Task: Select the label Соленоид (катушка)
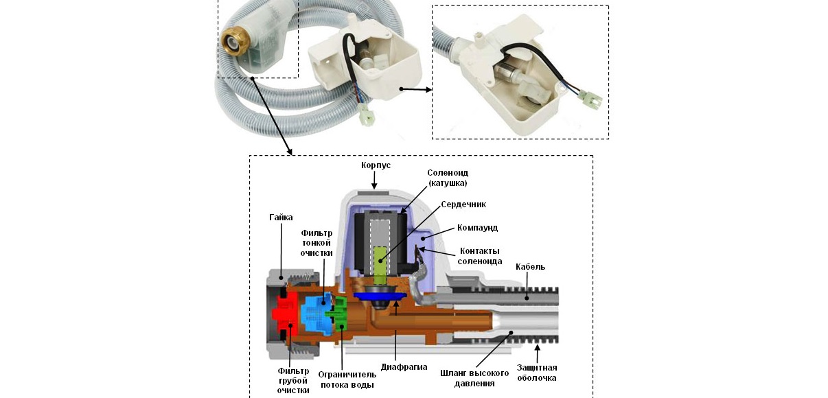(x=448, y=178)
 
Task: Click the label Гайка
(x=281, y=217)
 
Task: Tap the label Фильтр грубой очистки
(x=288, y=380)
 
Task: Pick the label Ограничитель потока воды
(x=347, y=379)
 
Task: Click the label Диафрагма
(x=404, y=367)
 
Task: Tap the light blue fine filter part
(x=316, y=312)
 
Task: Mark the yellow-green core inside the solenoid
(x=380, y=261)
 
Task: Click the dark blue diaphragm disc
(x=382, y=295)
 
